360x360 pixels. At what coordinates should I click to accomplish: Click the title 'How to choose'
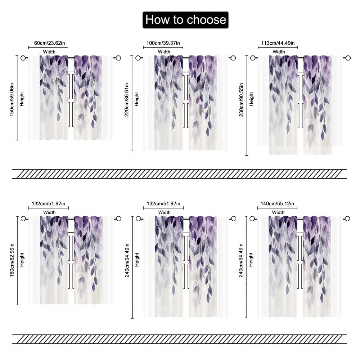[185, 20]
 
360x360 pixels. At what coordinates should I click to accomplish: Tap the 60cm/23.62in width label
[49, 43]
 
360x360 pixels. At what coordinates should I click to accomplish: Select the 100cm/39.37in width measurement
[164, 43]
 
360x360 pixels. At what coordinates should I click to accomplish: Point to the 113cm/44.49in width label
[278, 43]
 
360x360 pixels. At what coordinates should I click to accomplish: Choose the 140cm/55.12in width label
[277, 204]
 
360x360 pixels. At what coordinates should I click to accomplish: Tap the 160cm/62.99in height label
[12, 260]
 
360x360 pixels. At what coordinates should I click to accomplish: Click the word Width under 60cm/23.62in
[49, 52]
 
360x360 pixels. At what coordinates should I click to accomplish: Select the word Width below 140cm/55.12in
[278, 212]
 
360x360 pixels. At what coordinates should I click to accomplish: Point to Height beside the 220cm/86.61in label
[136, 99]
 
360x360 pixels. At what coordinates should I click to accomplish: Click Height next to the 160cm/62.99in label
[22, 260]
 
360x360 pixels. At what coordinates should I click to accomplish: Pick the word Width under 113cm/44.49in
[279, 52]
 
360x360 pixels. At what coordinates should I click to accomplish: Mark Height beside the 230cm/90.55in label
[251, 99]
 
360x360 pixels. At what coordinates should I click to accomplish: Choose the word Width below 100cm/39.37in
[164, 52]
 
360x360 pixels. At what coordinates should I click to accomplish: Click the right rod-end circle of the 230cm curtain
[348, 58]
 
